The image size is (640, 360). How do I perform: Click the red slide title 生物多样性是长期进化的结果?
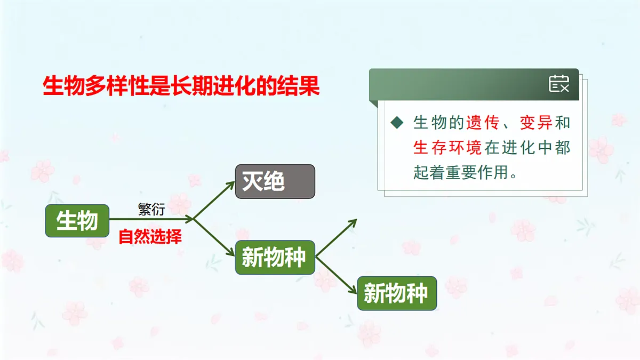[x=181, y=85]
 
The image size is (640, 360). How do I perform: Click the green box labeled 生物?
[x=77, y=220]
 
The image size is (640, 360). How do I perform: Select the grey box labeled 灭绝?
[x=275, y=181]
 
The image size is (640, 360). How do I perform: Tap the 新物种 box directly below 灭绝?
[x=275, y=258]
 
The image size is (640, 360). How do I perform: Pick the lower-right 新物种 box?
[x=397, y=293]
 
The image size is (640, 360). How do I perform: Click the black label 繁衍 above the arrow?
[x=151, y=210]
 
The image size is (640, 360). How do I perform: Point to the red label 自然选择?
[x=150, y=236]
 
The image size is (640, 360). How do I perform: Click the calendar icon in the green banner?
[x=558, y=84]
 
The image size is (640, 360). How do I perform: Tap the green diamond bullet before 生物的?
[x=396, y=123]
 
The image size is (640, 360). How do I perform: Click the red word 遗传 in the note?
[x=483, y=123]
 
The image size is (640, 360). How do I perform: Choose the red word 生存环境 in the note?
[x=447, y=148]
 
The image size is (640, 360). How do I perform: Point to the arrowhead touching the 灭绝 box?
[x=231, y=183]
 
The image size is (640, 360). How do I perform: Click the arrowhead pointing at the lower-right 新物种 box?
[x=353, y=291]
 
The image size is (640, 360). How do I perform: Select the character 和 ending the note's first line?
[x=563, y=123]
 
